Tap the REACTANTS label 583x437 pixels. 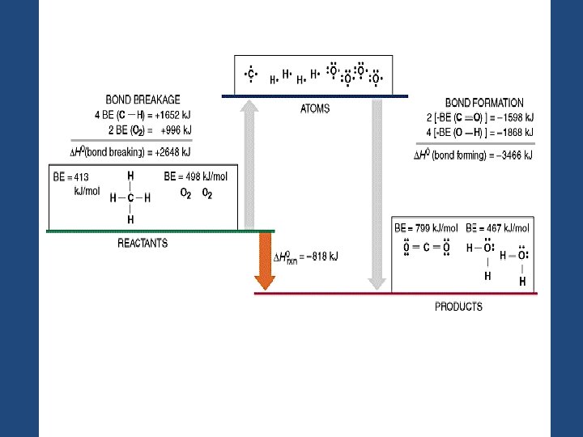(x=143, y=244)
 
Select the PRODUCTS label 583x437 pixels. (x=458, y=307)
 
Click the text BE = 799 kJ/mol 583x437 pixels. (x=426, y=228)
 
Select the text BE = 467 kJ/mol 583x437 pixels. (x=498, y=228)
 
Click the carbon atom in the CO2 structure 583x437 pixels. (x=426, y=248)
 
